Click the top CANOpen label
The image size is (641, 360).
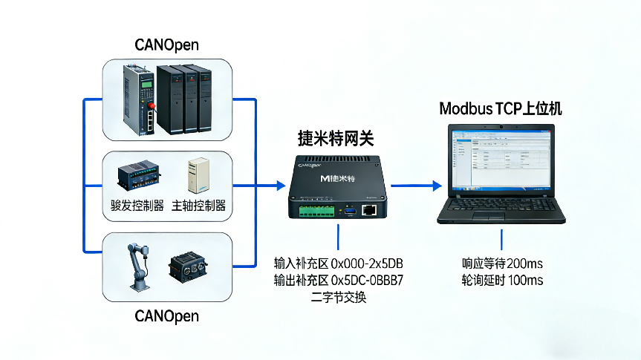[x=167, y=45]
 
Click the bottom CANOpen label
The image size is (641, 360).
[x=167, y=316]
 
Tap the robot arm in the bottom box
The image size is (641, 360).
[x=138, y=267]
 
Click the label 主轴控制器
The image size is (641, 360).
[x=198, y=206]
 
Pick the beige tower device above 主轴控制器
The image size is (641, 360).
[x=198, y=176]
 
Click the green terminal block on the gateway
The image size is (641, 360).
[x=316, y=212]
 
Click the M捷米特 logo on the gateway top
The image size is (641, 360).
[x=336, y=179]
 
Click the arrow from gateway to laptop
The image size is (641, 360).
[x=413, y=186]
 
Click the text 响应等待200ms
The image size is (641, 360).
[x=501, y=263]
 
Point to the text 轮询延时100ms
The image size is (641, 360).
[x=501, y=280]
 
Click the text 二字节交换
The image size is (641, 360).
[x=338, y=297]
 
